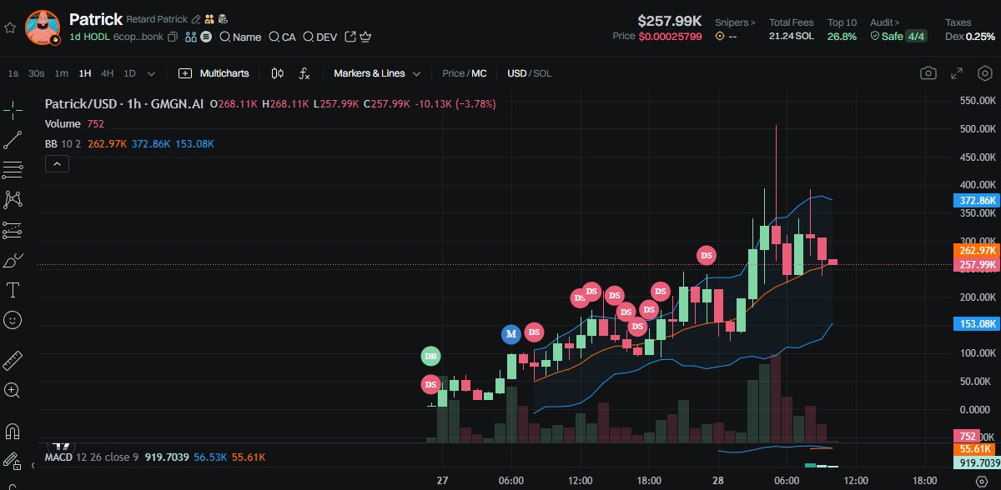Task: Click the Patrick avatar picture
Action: click(x=42, y=27)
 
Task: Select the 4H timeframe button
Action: click(x=108, y=73)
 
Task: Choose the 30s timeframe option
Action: click(x=36, y=73)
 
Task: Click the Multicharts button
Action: click(x=214, y=73)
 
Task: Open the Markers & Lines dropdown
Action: click(x=377, y=73)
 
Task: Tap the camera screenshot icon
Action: click(x=928, y=73)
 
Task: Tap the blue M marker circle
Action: click(x=511, y=334)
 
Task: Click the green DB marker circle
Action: click(x=430, y=357)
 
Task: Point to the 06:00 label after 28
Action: click(x=787, y=481)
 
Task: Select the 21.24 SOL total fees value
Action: click(x=791, y=37)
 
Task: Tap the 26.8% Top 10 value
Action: click(x=842, y=37)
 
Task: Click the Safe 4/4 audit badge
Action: click(x=898, y=37)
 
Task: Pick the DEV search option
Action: click(x=320, y=37)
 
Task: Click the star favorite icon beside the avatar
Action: click(x=10, y=27)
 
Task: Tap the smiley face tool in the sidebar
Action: click(x=13, y=319)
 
